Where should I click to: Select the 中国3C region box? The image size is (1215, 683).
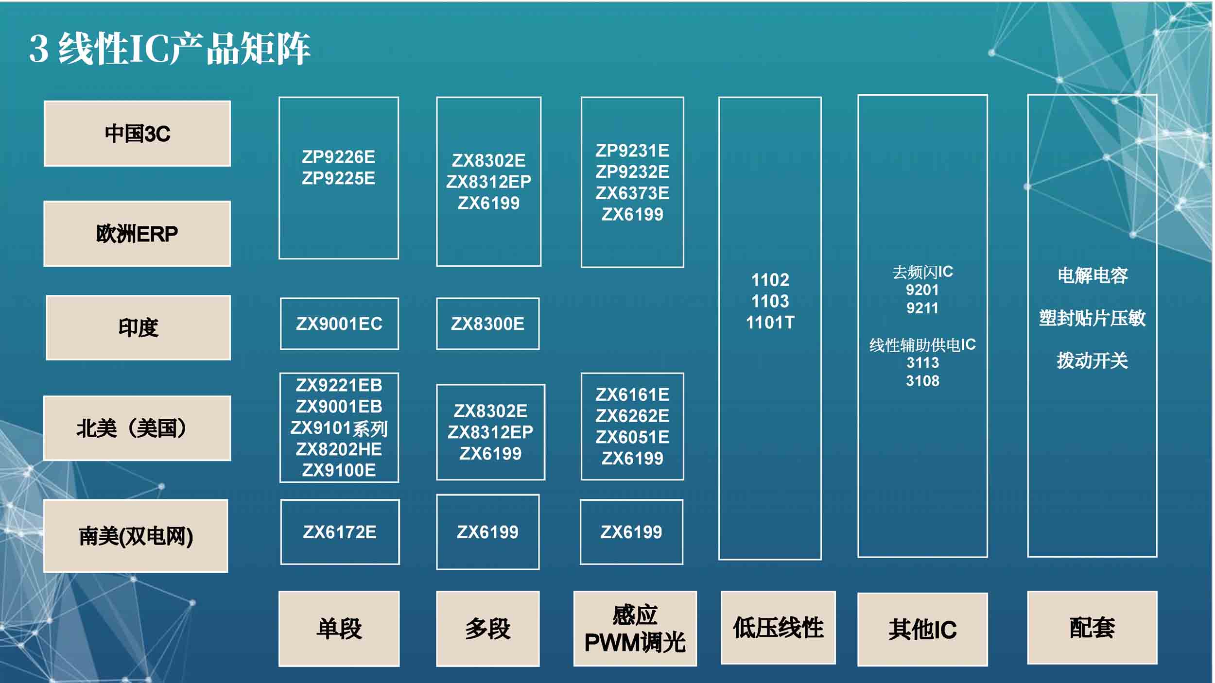click(x=137, y=134)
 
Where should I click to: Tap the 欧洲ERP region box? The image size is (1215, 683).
click(x=137, y=234)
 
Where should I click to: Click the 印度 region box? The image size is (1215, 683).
click(x=138, y=327)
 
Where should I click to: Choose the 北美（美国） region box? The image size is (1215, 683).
click(x=137, y=428)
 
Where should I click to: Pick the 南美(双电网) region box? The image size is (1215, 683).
click(x=136, y=536)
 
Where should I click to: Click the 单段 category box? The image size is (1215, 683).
click(x=339, y=629)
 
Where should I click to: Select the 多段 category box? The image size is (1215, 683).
click(x=487, y=629)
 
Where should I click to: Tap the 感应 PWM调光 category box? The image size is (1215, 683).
click(x=635, y=629)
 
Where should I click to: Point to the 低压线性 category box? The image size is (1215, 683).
click(x=778, y=628)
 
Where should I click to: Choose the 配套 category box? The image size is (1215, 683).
click(x=1092, y=628)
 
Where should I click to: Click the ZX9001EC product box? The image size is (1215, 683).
click(x=339, y=324)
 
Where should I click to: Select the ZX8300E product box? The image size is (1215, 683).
click(x=487, y=324)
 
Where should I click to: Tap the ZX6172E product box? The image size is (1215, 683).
click(x=340, y=532)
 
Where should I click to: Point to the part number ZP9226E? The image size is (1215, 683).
click(x=338, y=157)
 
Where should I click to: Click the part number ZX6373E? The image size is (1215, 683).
click(x=632, y=193)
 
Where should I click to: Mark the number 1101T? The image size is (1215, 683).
click(x=770, y=323)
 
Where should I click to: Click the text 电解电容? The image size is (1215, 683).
click(x=1092, y=275)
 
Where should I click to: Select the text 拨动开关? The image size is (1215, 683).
click(x=1092, y=360)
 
